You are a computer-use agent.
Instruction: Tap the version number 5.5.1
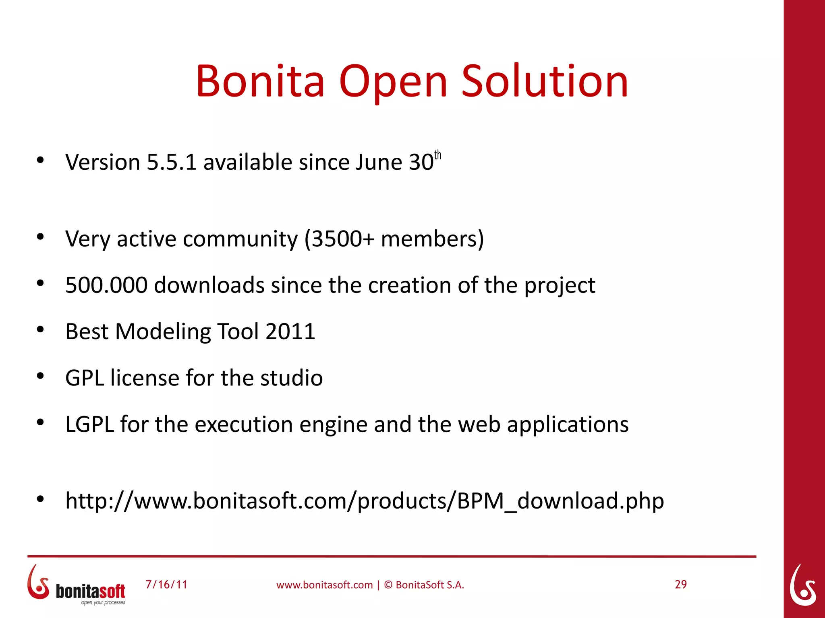[172, 162]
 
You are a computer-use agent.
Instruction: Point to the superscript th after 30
[437, 155]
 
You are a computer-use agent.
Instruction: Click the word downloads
[209, 285]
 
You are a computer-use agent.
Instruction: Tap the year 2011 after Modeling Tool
[290, 332]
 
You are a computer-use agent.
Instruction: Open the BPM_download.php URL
[365, 501]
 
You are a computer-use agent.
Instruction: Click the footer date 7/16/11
[166, 585]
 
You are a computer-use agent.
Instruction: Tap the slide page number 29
[681, 585]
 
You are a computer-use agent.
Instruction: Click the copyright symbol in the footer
[388, 585]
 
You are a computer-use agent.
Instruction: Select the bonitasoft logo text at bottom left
[90, 591]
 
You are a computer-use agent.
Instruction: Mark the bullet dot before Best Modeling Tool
[40, 330]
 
